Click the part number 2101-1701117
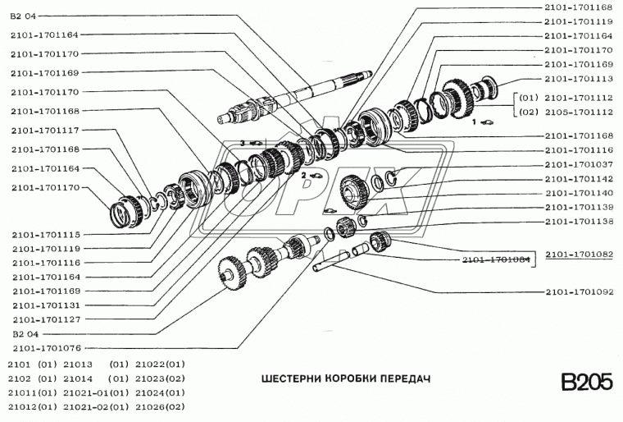point(45,130)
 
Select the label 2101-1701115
point(45,234)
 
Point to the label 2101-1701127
point(45,319)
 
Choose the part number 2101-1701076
point(45,347)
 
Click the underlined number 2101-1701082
point(578,255)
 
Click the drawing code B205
point(586,383)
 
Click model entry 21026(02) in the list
point(161,406)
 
